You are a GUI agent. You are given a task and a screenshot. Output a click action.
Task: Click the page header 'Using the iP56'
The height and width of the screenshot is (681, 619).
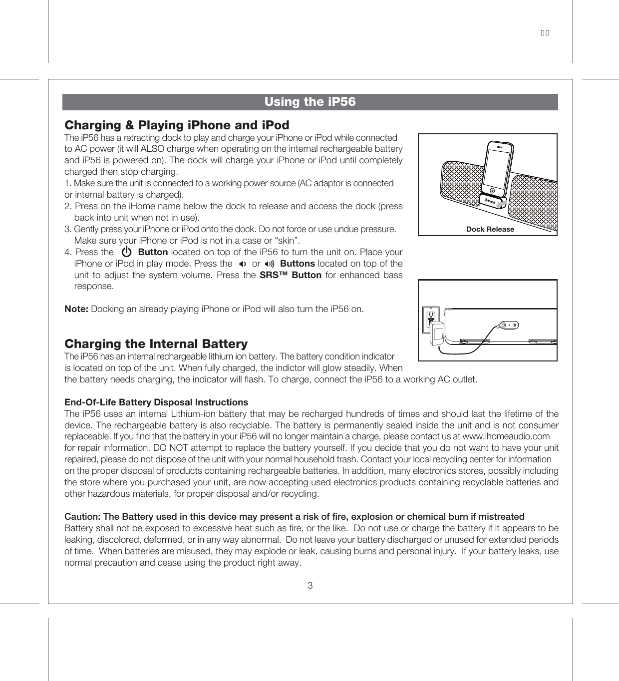[x=310, y=102]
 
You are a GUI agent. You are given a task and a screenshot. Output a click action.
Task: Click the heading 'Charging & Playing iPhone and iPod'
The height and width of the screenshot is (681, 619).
[x=177, y=125]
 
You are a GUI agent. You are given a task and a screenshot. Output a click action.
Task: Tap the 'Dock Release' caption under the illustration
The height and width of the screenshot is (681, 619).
[x=490, y=229]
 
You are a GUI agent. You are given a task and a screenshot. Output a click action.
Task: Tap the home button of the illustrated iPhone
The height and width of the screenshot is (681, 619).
[x=493, y=190]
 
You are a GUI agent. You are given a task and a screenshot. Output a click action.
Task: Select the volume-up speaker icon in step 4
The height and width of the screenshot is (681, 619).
[x=270, y=264]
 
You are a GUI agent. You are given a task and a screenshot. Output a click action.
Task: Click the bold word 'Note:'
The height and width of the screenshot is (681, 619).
[x=76, y=309]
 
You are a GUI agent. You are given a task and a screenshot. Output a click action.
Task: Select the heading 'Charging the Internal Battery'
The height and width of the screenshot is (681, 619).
[x=156, y=344]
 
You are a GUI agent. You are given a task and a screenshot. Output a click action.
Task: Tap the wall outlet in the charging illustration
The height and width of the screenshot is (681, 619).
[x=430, y=318]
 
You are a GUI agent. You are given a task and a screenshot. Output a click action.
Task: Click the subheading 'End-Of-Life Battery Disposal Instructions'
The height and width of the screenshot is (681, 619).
[x=156, y=402]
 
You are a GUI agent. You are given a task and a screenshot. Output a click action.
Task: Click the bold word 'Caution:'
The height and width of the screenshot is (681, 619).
[x=82, y=517]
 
